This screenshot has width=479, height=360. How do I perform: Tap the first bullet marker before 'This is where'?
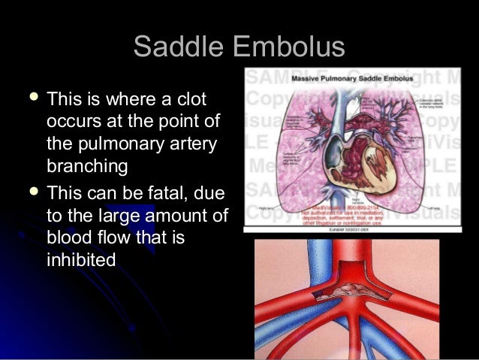coord(31,98)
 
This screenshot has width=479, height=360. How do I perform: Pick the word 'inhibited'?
coord(81,260)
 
